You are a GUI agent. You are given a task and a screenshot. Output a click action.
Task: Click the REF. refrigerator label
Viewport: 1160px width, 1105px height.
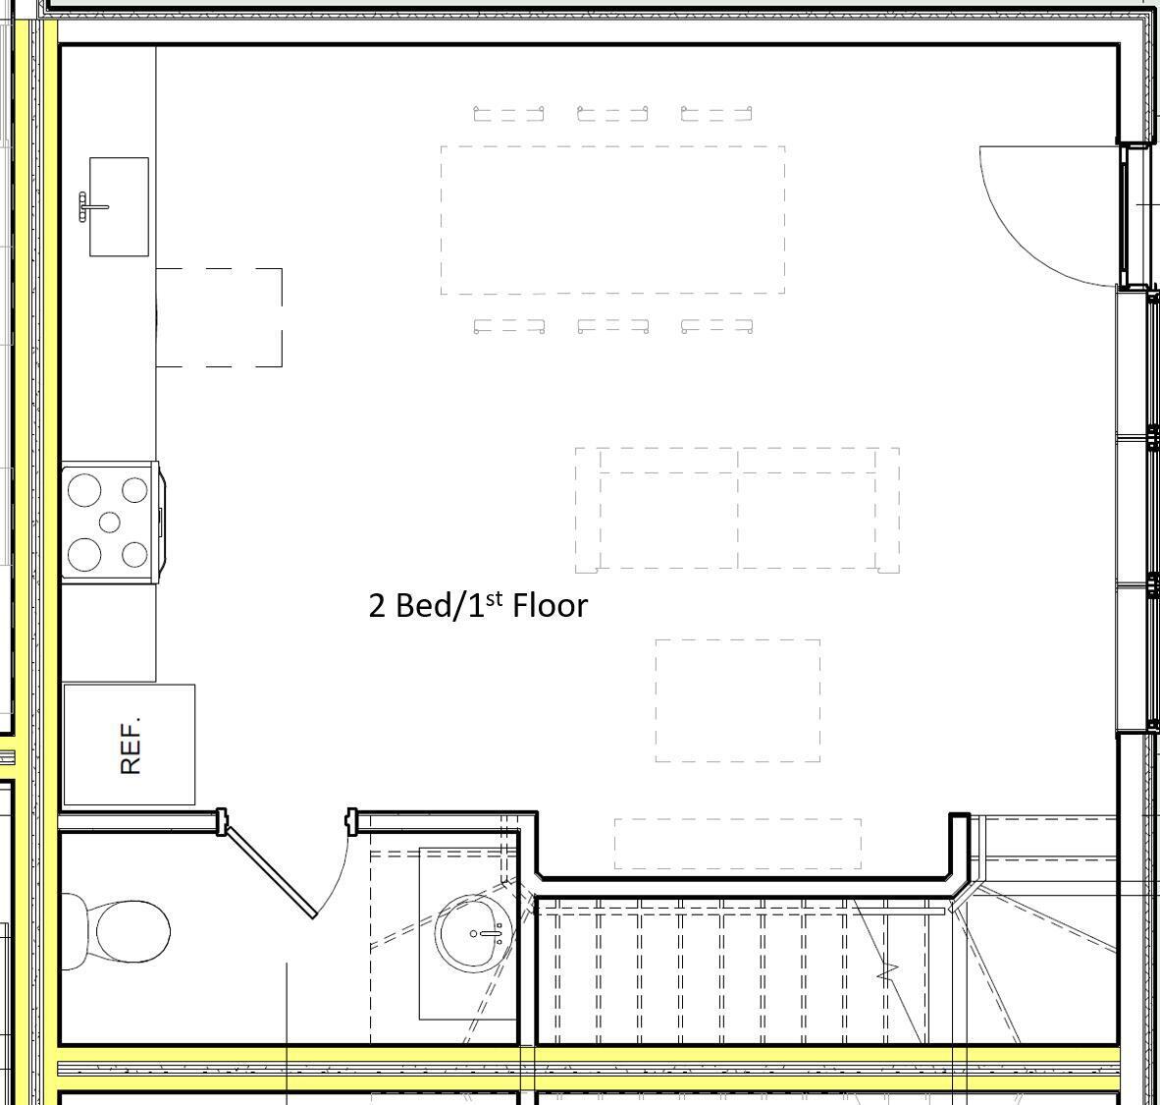[x=131, y=745]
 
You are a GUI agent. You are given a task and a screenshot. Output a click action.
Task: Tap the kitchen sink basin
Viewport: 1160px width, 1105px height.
[x=120, y=207]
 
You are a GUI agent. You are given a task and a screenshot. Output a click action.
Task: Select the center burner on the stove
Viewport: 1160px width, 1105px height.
[x=109, y=522]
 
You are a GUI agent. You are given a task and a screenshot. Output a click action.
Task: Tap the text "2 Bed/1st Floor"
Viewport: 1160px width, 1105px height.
[x=478, y=605]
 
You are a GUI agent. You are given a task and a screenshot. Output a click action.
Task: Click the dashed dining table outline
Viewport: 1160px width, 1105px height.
[x=612, y=220]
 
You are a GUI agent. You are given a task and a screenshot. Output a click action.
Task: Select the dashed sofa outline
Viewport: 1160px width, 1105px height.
[x=737, y=510]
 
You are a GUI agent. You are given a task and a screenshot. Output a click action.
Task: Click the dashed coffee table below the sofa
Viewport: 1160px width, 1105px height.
[x=738, y=700]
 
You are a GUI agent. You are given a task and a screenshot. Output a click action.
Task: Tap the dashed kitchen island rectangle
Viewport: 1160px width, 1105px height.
[x=220, y=317]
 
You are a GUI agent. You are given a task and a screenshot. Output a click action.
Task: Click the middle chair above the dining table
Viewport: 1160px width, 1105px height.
[x=612, y=114]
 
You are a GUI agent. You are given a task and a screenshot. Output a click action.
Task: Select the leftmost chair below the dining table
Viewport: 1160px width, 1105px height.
[x=508, y=325]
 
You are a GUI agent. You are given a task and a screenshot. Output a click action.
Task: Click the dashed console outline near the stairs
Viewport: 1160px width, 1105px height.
[x=738, y=844]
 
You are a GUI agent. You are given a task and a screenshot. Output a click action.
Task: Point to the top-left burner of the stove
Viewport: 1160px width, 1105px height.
[x=84, y=489]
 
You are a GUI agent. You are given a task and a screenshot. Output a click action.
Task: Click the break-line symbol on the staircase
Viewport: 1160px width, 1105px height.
[x=888, y=973]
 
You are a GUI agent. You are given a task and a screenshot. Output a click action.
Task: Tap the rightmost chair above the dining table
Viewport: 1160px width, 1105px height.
[x=716, y=114]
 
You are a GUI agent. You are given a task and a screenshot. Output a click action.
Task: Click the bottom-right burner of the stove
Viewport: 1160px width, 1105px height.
[x=134, y=555]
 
